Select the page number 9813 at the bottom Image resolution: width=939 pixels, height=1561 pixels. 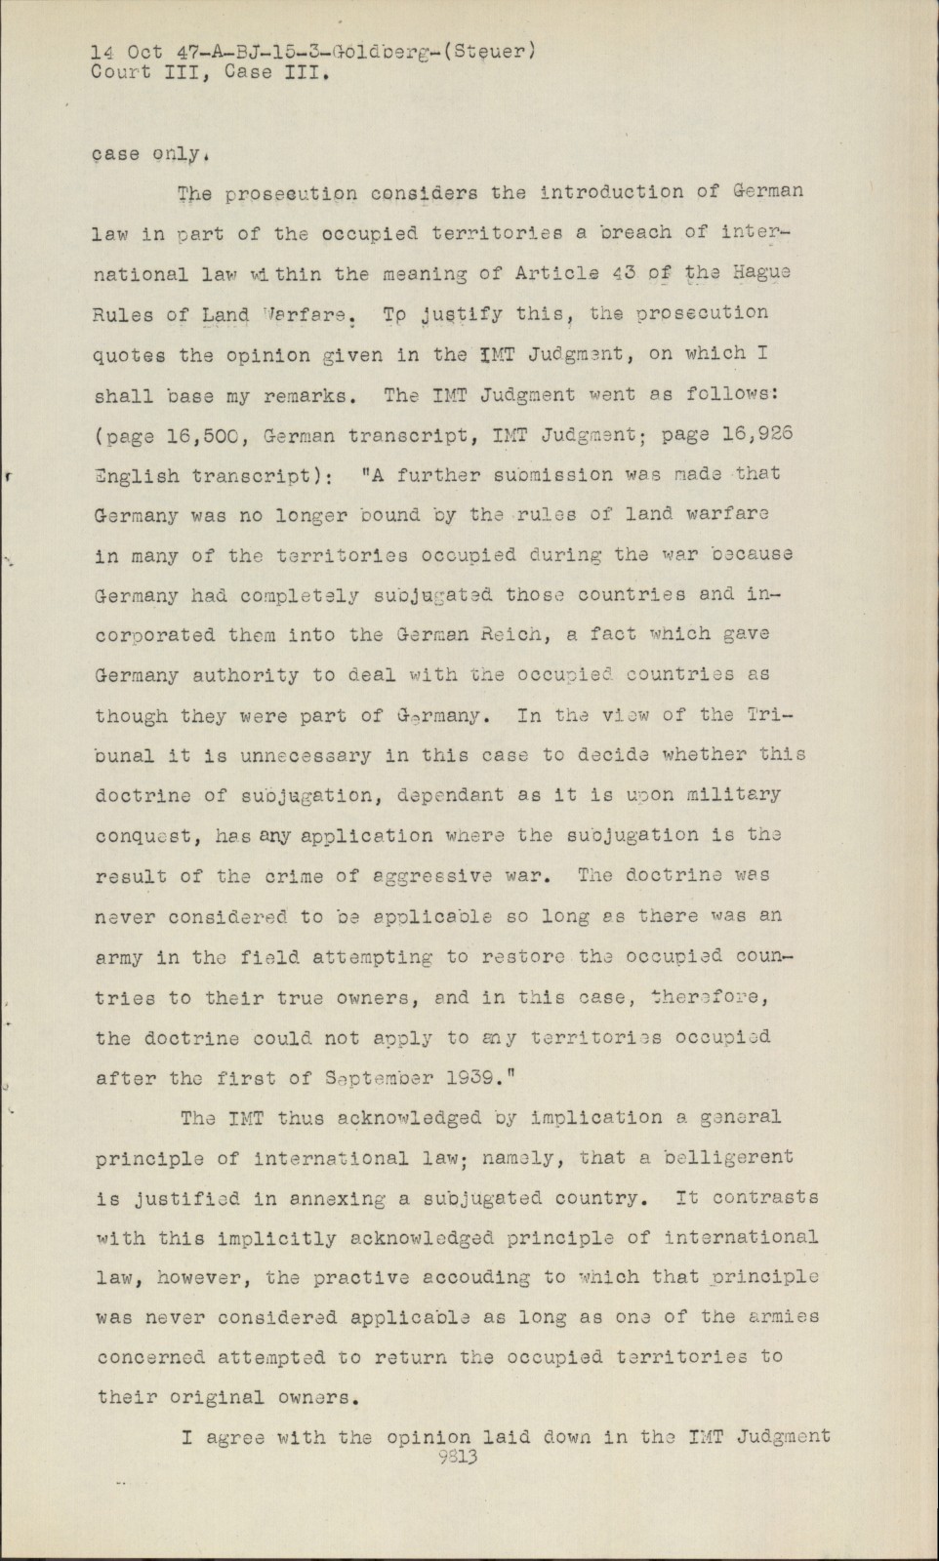pyautogui.click(x=458, y=1458)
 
